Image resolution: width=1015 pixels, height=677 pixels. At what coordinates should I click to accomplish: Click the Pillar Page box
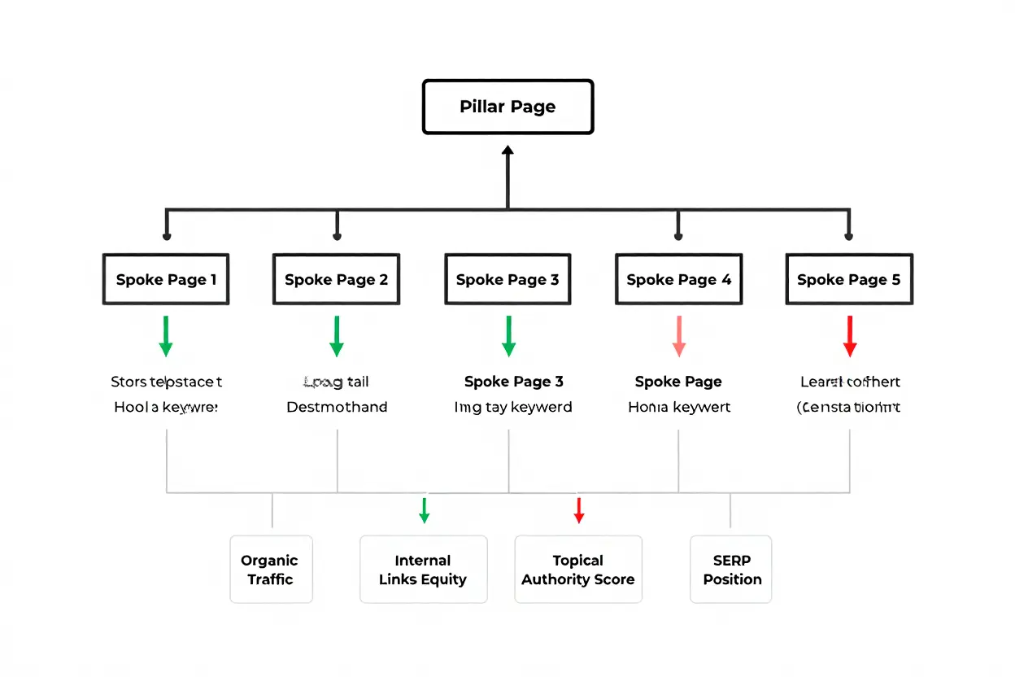(x=507, y=107)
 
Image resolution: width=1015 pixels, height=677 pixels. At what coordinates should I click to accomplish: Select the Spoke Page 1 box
(x=166, y=280)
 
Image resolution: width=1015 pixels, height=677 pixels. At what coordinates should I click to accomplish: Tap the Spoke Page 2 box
(x=336, y=280)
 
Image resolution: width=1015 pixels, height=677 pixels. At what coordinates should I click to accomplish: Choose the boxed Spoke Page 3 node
(x=507, y=280)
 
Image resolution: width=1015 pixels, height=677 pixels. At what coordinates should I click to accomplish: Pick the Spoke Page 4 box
(x=678, y=280)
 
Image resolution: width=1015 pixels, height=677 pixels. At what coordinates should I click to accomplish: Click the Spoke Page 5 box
(x=849, y=280)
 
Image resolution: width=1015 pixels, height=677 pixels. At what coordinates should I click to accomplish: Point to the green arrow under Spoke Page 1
(x=166, y=336)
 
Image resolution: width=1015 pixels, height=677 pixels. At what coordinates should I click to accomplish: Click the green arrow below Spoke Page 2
(x=337, y=336)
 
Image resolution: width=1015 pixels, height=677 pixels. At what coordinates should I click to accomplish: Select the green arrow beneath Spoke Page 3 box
(x=508, y=336)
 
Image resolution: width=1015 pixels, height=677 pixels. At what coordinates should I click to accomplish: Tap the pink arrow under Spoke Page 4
(x=679, y=336)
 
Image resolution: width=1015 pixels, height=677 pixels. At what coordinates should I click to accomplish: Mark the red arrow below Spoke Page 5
(x=850, y=336)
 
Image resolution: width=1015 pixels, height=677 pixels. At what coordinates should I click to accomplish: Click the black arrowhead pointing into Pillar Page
(x=507, y=151)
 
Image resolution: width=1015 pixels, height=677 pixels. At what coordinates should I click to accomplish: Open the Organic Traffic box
(x=271, y=570)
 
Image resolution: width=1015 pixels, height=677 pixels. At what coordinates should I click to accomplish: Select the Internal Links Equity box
(x=423, y=570)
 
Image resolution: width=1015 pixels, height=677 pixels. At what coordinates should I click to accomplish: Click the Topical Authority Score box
(x=578, y=570)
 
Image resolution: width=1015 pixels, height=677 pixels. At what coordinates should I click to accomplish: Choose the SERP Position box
(x=731, y=570)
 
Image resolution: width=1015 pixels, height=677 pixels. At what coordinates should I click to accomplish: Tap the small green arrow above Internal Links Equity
(x=424, y=510)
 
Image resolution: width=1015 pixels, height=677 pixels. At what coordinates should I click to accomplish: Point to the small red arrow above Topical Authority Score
(x=579, y=510)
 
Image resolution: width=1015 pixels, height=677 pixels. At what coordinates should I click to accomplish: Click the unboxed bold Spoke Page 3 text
(x=513, y=382)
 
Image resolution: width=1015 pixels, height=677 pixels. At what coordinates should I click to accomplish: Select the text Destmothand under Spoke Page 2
(x=337, y=407)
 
